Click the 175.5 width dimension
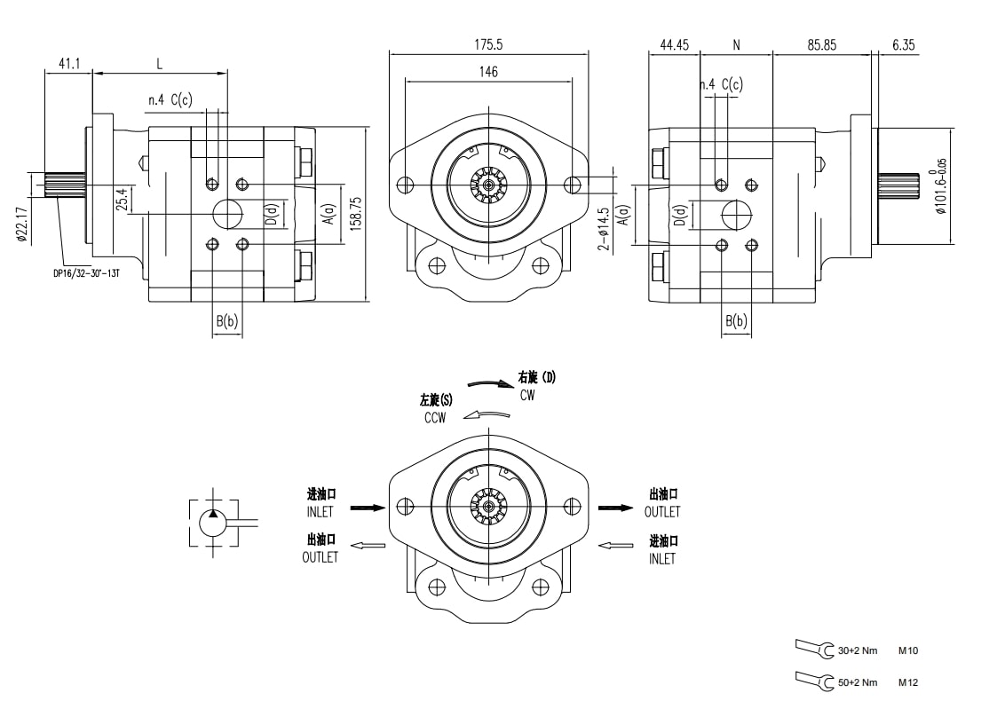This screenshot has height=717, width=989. pyautogui.click(x=487, y=43)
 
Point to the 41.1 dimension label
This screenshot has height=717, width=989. pyautogui.click(x=69, y=63)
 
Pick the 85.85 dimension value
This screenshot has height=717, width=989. pyautogui.click(x=821, y=43)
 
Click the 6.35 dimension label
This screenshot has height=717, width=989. pyautogui.click(x=903, y=43)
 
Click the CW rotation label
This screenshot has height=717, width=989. pyautogui.click(x=527, y=396)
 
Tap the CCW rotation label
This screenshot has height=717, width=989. pyautogui.click(x=435, y=417)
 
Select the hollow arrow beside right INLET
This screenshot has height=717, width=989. pyautogui.click(x=615, y=546)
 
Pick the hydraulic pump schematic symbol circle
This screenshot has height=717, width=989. pyautogui.click(x=214, y=522)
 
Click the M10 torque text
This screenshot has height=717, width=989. pyautogui.click(x=907, y=651)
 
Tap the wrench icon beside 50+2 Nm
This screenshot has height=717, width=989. pyautogui.click(x=815, y=680)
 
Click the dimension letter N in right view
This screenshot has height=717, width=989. pyautogui.click(x=736, y=43)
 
